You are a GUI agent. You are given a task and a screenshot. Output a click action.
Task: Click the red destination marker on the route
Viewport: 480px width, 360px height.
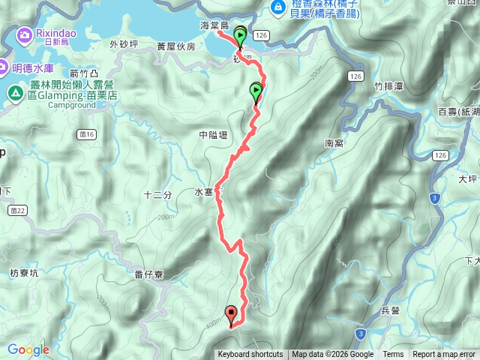pyautogui.click(x=230, y=313)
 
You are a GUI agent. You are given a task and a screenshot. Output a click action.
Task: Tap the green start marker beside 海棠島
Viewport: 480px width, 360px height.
pyautogui.click(x=240, y=35)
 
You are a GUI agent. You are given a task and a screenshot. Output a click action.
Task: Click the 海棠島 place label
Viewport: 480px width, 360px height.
pyautogui.click(x=214, y=26)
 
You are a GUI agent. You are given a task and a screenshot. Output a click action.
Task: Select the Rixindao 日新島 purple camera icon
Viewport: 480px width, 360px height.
pyautogui.click(x=25, y=34)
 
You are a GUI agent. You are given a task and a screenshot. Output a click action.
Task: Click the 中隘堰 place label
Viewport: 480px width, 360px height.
pyautogui.click(x=213, y=135)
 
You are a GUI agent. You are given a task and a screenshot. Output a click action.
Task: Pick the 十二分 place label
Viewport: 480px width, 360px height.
pyautogui.click(x=157, y=195)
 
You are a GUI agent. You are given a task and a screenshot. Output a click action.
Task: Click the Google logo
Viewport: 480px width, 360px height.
pyautogui.click(x=28, y=349)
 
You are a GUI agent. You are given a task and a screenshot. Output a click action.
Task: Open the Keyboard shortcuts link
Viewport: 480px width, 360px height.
pyautogui.click(x=250, y=355)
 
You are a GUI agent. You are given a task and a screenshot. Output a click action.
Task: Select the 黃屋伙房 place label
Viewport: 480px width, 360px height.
pyautogui.click(x=175, y=46)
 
